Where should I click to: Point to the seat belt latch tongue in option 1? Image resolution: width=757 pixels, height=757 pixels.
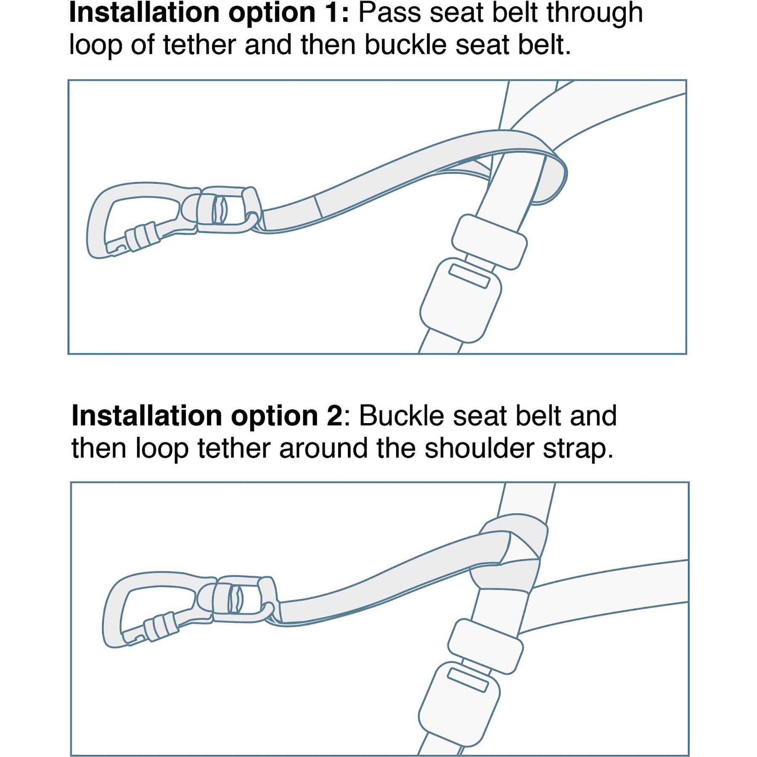pos(489,241)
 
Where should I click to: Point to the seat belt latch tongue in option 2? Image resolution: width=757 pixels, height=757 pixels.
pos(485,646)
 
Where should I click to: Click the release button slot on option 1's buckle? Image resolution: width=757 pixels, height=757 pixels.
pos(469,275)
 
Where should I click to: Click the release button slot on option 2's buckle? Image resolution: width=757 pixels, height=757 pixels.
pos(467,680)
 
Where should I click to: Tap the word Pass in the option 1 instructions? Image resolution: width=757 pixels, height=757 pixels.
pos(389,13)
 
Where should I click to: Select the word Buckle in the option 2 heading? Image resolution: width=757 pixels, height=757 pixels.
pos(402,416)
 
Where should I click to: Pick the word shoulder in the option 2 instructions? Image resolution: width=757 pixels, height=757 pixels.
pos(479,448)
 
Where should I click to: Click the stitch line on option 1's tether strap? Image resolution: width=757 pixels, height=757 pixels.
pos(318,207)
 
